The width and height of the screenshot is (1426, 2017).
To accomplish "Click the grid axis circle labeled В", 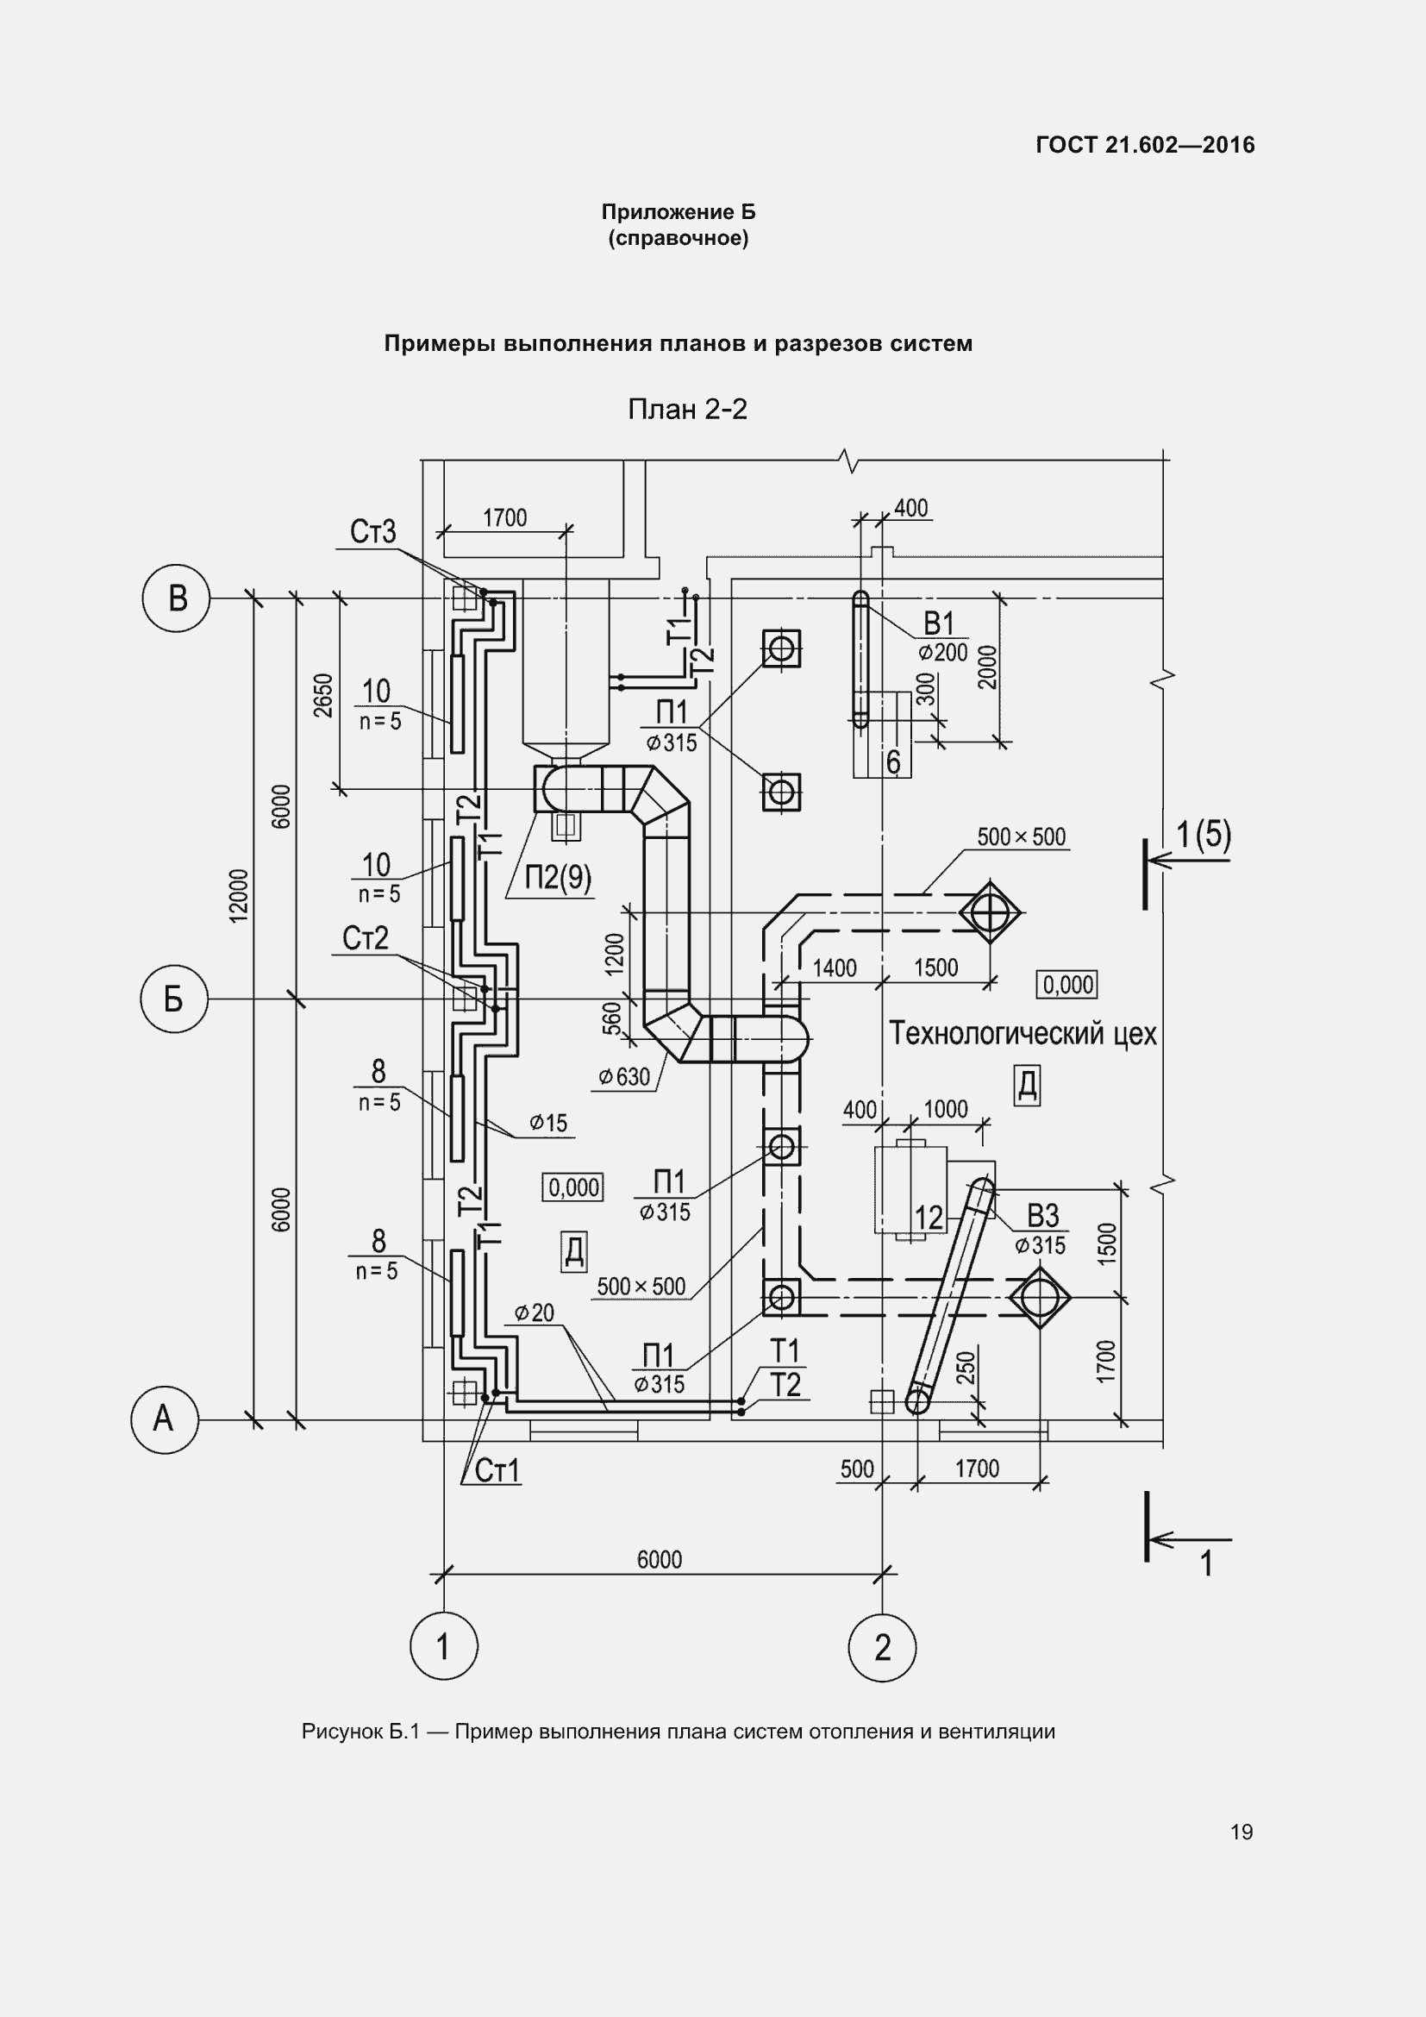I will click(177, 598).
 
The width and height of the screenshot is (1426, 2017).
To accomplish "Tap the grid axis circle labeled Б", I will click(174, 999).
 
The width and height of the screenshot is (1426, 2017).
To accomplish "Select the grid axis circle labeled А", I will click(164, 1419).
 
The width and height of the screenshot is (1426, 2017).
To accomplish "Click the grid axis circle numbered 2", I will click(883, 1647).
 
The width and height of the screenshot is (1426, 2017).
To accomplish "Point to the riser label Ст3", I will click(372, 531).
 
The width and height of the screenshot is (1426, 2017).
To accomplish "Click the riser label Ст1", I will click(497, 1470).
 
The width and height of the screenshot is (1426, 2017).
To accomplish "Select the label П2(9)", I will click(558, 877).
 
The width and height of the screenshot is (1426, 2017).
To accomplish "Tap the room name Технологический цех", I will click(1023, 1034).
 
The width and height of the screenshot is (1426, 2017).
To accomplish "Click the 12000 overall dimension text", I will click(239, 895).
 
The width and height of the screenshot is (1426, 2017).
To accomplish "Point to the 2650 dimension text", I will click(324, 695).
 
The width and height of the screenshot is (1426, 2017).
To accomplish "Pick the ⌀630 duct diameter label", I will click(624, 1076).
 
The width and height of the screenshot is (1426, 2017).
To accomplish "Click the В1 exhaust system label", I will click(939, 623).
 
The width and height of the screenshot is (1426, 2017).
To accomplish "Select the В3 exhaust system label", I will click(1042, 1216).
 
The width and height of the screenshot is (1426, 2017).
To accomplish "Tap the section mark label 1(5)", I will click(1203, 835).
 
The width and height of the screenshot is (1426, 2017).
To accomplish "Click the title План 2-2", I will click(686, 410).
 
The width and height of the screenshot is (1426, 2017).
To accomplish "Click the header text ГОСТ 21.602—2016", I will click(1145, 145).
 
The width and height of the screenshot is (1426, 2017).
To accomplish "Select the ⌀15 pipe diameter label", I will click(549, 1123).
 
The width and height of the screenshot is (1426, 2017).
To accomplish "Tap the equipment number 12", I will click(929, 1218).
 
